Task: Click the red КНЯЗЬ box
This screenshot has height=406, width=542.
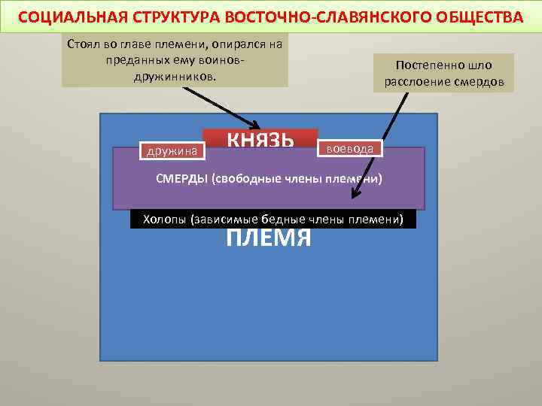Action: tap(260, 140)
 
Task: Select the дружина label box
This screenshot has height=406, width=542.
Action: tap(171, 151)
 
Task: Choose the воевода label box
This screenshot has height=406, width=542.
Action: tap(351, 148)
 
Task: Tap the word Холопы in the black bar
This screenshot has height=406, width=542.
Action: tap(160, 220)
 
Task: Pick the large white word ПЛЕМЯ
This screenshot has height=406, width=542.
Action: tap(269, 238)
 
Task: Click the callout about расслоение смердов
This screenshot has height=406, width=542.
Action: tap(443, 73)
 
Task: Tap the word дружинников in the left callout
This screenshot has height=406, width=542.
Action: tap(175, 77)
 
